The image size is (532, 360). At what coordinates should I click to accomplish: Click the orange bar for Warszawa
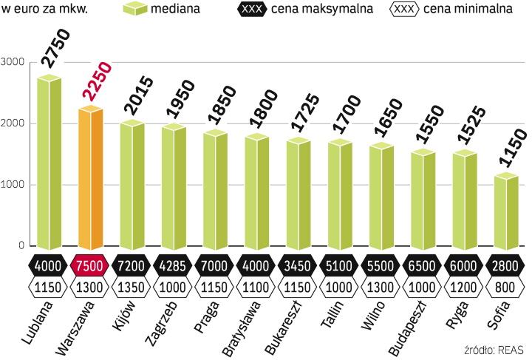tap(90, 181)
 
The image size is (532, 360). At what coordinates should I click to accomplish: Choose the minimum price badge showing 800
tap(507, 286)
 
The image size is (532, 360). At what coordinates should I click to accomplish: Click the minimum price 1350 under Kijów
tap(132, 286)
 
